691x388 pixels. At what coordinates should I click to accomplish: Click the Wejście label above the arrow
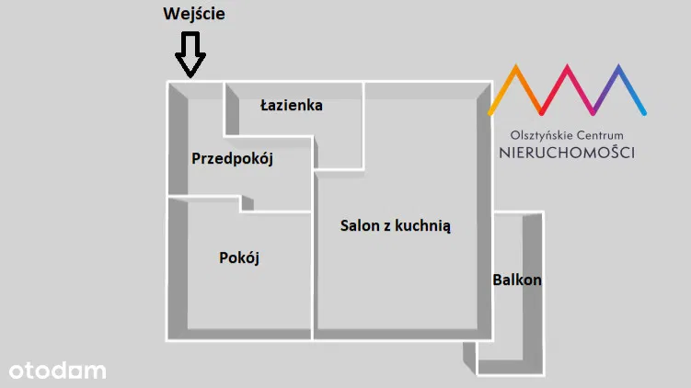194,14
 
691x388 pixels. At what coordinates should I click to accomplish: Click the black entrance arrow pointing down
190,54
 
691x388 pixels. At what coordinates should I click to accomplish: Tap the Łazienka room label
292,105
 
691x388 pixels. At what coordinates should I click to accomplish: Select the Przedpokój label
232,158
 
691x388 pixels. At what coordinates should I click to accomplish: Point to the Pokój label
239,257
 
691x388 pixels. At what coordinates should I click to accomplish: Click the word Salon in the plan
360,225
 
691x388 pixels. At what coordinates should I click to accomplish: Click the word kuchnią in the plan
422,226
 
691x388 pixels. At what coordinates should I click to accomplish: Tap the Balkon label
517,280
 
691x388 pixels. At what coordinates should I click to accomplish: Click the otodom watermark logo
58,371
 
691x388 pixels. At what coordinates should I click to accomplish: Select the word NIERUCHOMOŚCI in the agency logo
567,153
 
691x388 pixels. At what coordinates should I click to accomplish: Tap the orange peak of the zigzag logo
515,67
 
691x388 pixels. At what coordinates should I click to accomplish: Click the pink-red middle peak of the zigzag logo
567,67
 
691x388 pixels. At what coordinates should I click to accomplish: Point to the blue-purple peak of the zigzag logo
618,67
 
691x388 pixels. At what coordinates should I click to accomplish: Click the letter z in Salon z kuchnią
387,227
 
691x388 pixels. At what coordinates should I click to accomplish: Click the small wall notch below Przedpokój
247,203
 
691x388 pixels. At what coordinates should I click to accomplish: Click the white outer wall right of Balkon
544,293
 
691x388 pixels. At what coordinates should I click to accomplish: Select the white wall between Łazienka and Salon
363,126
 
